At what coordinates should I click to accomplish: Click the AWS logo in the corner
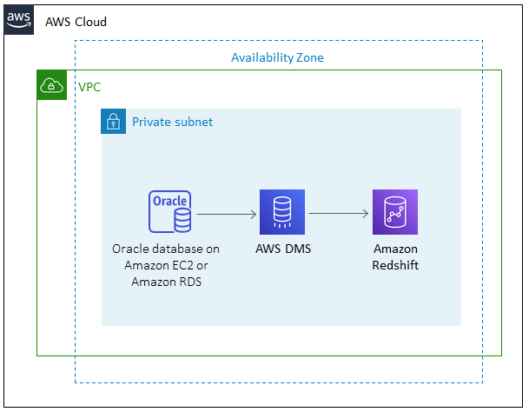pos(19,20)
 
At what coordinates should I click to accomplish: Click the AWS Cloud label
pos(76,21)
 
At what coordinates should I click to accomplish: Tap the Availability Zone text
pos(277,57)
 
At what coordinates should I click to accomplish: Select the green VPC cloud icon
pos(51,85)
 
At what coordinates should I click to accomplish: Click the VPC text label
pos(89,87)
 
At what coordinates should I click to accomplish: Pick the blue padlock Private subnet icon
pos(113,122)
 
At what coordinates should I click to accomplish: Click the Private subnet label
pos(172,122)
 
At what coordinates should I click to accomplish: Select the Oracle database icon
pos(169,212)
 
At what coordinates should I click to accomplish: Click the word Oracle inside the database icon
pos(169,201)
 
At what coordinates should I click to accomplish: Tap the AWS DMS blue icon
pos(281,212)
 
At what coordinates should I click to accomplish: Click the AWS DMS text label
pos(282,249)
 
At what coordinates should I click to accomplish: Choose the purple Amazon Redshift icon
pos(395,212)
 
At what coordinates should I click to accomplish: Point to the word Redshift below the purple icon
pos(395,265)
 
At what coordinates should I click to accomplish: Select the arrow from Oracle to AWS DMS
pos(227,213)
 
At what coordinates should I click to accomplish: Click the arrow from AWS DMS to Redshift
pos(339,213)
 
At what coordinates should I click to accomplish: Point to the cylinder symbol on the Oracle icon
pos(182,223)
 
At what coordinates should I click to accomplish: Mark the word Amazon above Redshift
pos(395,249)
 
